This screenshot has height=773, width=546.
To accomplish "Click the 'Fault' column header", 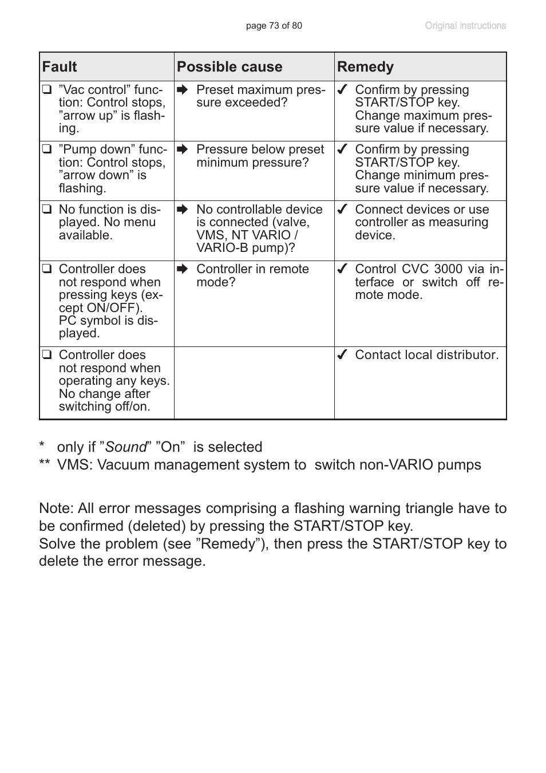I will point(60,67).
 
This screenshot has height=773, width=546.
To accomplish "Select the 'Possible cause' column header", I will point(230,67).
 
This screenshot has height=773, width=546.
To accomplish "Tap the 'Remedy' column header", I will point(365,67).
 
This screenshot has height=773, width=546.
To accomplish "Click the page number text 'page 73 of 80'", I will point(274,26).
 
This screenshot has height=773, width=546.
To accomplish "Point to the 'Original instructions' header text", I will point(465,26).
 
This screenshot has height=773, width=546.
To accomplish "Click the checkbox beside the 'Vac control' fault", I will point(47,90).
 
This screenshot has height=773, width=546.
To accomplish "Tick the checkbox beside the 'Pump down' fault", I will point(47,149).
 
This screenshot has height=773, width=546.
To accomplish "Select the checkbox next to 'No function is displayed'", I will point(47,210).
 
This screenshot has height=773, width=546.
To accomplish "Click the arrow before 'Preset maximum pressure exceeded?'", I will point(183,90).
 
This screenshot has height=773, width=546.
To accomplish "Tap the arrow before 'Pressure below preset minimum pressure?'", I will point(183,149).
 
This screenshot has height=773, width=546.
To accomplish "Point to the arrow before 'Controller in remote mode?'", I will point(183,269).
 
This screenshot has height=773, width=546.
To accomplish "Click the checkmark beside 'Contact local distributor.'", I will point(342,355).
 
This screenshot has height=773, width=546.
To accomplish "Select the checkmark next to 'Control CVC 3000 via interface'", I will point(342,269).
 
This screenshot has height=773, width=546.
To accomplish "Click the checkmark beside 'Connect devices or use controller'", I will point(342,210).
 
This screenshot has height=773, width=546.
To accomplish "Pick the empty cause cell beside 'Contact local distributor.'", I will point(254,382).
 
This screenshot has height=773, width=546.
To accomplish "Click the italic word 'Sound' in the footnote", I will point(126,447).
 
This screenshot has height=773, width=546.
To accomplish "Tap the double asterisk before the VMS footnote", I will point(45,465).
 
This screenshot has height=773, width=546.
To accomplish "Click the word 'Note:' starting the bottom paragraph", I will point(56,508).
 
